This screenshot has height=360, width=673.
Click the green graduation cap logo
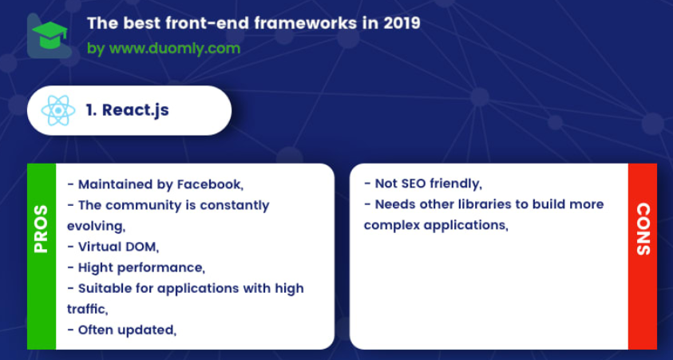(49, 34)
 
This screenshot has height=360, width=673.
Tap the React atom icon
(58, 111)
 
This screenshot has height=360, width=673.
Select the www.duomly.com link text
(175, 49)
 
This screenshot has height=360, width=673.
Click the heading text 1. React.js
(127, 110)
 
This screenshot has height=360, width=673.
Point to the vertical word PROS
(42, 229)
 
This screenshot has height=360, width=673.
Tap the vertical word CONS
(643, 229)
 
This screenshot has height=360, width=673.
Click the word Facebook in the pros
(210, 184)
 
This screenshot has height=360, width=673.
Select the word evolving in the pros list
(96, 226)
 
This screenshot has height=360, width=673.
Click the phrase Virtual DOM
(118, 247)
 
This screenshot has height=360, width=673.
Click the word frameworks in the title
(305, 24)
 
